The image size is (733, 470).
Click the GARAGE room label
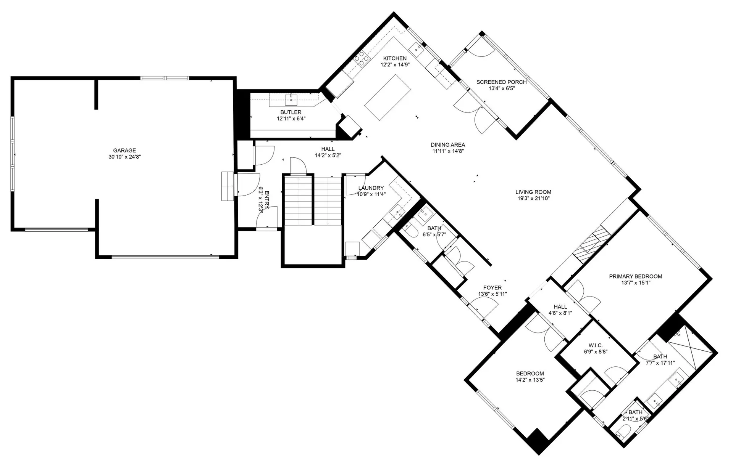coord(124,151)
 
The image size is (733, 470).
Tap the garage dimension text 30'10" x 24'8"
coord(124,157)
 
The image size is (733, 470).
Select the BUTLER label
coord(291,112)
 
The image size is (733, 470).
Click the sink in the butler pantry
coord(291,100)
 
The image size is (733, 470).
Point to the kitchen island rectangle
coord(387,98)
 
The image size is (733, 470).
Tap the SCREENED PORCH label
coord(501,82)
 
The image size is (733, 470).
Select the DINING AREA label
coord(448,145)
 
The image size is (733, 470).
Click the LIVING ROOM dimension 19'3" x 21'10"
coord(533,198)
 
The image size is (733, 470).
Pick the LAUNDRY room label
coord(371,188)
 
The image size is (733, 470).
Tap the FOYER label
coord(492,288)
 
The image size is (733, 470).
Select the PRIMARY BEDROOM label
coord(635,276)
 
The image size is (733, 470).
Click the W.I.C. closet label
coord(596,345)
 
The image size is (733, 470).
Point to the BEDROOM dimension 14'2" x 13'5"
coord(530,380)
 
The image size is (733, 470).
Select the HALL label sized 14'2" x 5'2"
coord(328,149)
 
